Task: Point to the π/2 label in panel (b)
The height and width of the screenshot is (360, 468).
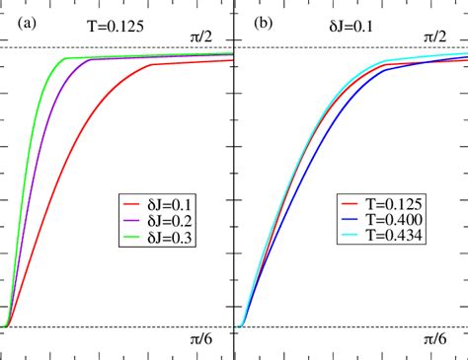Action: coord(435,36)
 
